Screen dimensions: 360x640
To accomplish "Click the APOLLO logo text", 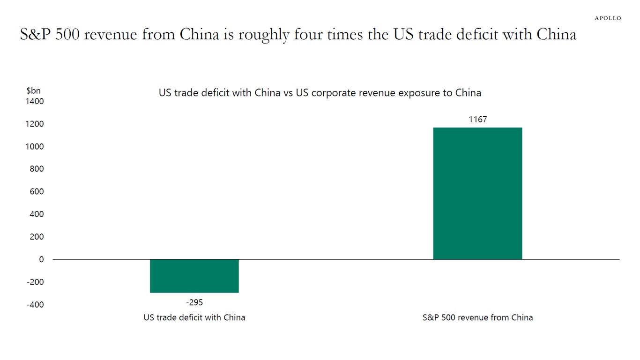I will point(608,18).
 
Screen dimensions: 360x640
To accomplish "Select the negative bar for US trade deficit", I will point(194,276).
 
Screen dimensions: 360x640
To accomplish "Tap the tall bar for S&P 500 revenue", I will point(477,193).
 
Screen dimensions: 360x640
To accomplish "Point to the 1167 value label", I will point(477,120).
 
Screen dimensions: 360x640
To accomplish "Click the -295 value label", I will point(194,302).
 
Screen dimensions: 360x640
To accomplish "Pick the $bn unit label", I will point(33,91).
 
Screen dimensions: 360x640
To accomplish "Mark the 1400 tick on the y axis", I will point(35,101).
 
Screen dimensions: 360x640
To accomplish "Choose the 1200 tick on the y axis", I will point(35,124).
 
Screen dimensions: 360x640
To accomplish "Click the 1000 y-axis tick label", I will point(35,147).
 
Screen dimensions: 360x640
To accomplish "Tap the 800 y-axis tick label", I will point(37,169).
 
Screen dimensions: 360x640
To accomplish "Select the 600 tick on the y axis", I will point(37,192).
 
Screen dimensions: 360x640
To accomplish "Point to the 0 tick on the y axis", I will point(41,259).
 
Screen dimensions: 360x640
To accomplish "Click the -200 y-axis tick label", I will point(35,282).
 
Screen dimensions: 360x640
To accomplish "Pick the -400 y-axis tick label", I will point(35,305).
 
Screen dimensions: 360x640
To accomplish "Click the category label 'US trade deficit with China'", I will point(194,317).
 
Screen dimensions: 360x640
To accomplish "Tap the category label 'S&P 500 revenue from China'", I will point(477,317).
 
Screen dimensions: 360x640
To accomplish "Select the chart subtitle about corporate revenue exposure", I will point(320,93).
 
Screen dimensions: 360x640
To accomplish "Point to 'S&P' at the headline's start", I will point(35,35).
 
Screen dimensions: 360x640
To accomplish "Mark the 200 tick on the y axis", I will point(37,237).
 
